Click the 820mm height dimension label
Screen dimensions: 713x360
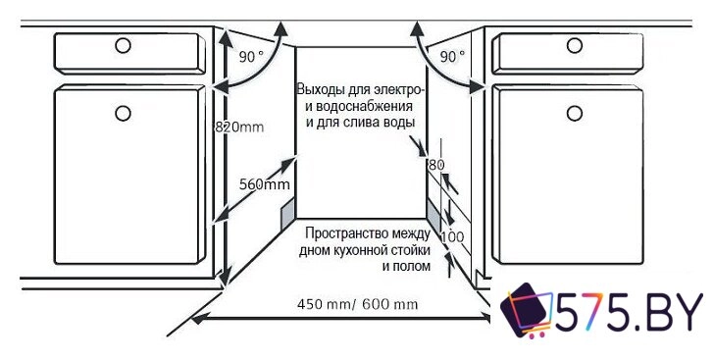(x=238, y=126)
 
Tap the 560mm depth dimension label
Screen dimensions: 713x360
(x=264, y=184)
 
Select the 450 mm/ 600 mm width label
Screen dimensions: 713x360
(x=357, y=304)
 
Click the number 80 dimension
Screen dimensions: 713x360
(x=436, y=165)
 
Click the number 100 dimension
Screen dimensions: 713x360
(x=451, y=237)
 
